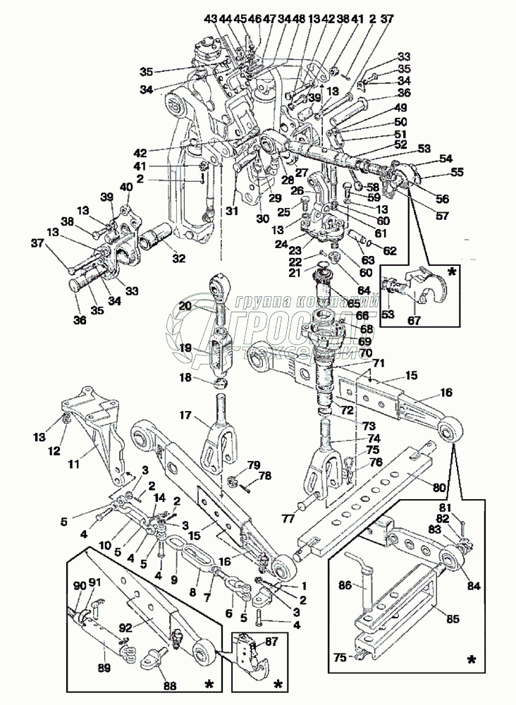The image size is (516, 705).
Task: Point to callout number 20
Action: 184,307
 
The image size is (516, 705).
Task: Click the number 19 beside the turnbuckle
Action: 184,348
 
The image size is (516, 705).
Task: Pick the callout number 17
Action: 185,416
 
